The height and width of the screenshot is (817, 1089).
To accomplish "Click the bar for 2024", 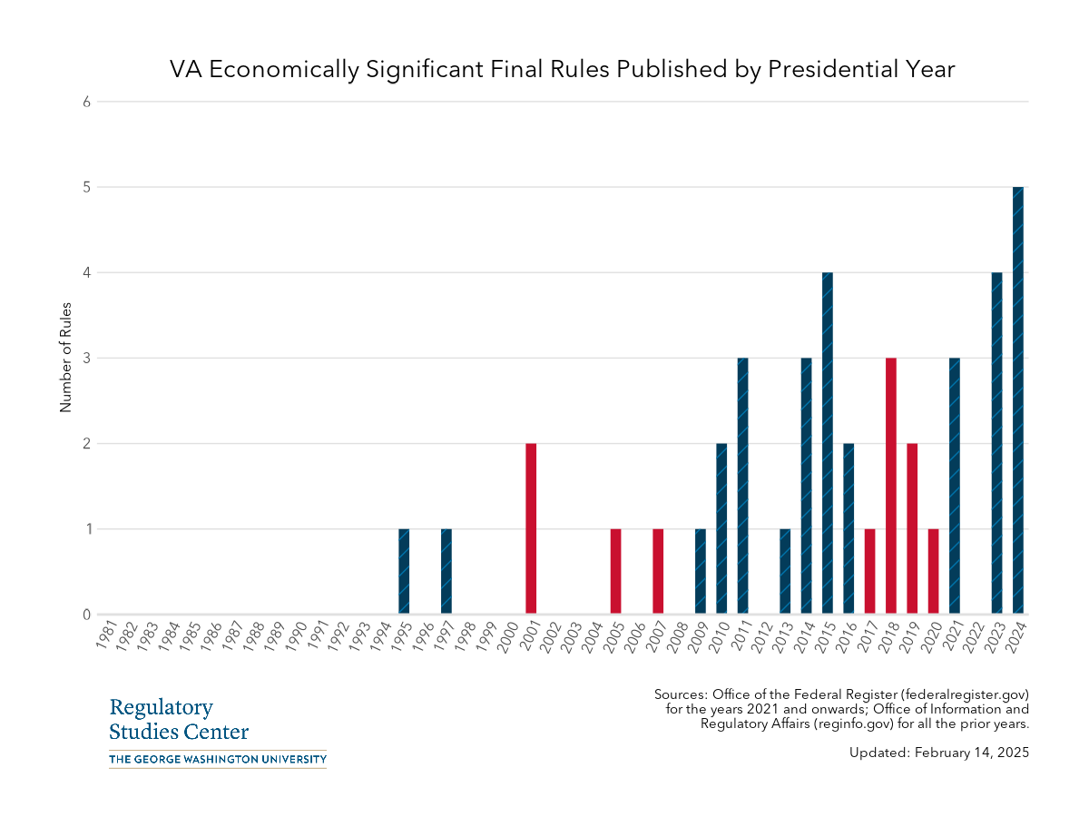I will pyautogui.click(x=1017, y=400).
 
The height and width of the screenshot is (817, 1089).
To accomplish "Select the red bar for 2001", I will pyautogui.click(x=531, y=528).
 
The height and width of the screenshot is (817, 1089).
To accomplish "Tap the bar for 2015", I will pyautogui.click(x=828, y=443).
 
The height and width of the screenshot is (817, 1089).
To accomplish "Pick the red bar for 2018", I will pyautogui.click(x=891, y=486).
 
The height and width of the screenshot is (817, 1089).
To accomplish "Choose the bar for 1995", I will pyautogui.click(x=404, y=571).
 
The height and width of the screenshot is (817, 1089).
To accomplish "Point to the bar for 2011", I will pyautogui.click(x=742, y=486).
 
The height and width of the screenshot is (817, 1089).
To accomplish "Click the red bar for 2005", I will pyautogui.click(x=615, y=571).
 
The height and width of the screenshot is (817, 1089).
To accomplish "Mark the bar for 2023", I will pyautogui.click(x=996, y=443).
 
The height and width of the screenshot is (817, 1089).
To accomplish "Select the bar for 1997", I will pyautogui.click(x=446, y=571).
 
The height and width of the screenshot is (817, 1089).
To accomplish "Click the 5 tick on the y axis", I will pyautogui.click(x=87, y=187).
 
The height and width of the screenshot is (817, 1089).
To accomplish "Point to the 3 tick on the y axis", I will pyautogui.click(x=87, y=358).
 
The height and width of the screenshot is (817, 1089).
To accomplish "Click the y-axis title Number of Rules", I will pyautogui.click(x=65, y=358).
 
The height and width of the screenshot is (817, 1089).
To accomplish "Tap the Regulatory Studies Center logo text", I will pyautogui.click(x=178, y=719).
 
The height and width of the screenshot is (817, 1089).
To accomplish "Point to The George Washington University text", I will pyautogui.click(x=217, y=759).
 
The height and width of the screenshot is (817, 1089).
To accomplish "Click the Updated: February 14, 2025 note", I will pyautogui.click(x=939, y=753).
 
